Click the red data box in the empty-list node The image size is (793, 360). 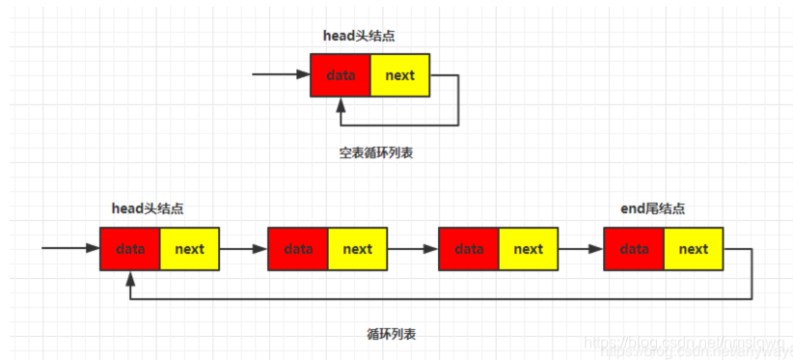341,75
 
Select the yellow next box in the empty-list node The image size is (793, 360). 399,75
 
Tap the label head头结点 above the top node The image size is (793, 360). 358,36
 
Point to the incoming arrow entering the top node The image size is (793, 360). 281,74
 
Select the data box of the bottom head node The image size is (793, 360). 130,249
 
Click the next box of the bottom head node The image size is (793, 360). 189,249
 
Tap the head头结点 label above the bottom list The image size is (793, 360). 148,208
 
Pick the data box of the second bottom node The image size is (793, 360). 298,249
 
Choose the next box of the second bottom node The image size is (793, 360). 357,249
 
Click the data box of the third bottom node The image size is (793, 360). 469,249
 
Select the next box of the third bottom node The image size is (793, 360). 528,249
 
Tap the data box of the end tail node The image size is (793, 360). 634,249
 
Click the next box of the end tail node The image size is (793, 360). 693,249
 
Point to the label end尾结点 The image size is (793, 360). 652,208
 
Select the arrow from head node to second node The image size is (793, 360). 243,249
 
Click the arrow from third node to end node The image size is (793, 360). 580,249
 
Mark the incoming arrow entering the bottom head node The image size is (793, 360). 70,248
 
